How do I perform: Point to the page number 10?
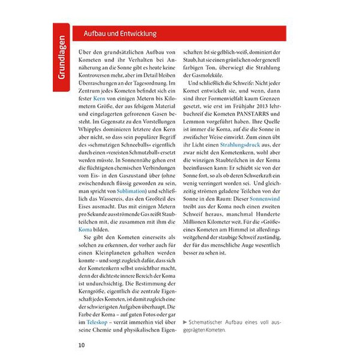[82, 345]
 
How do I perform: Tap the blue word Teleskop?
[92, 322]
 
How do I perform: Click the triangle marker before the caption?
[185, 323]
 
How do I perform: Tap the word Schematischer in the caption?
[210, 323]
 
